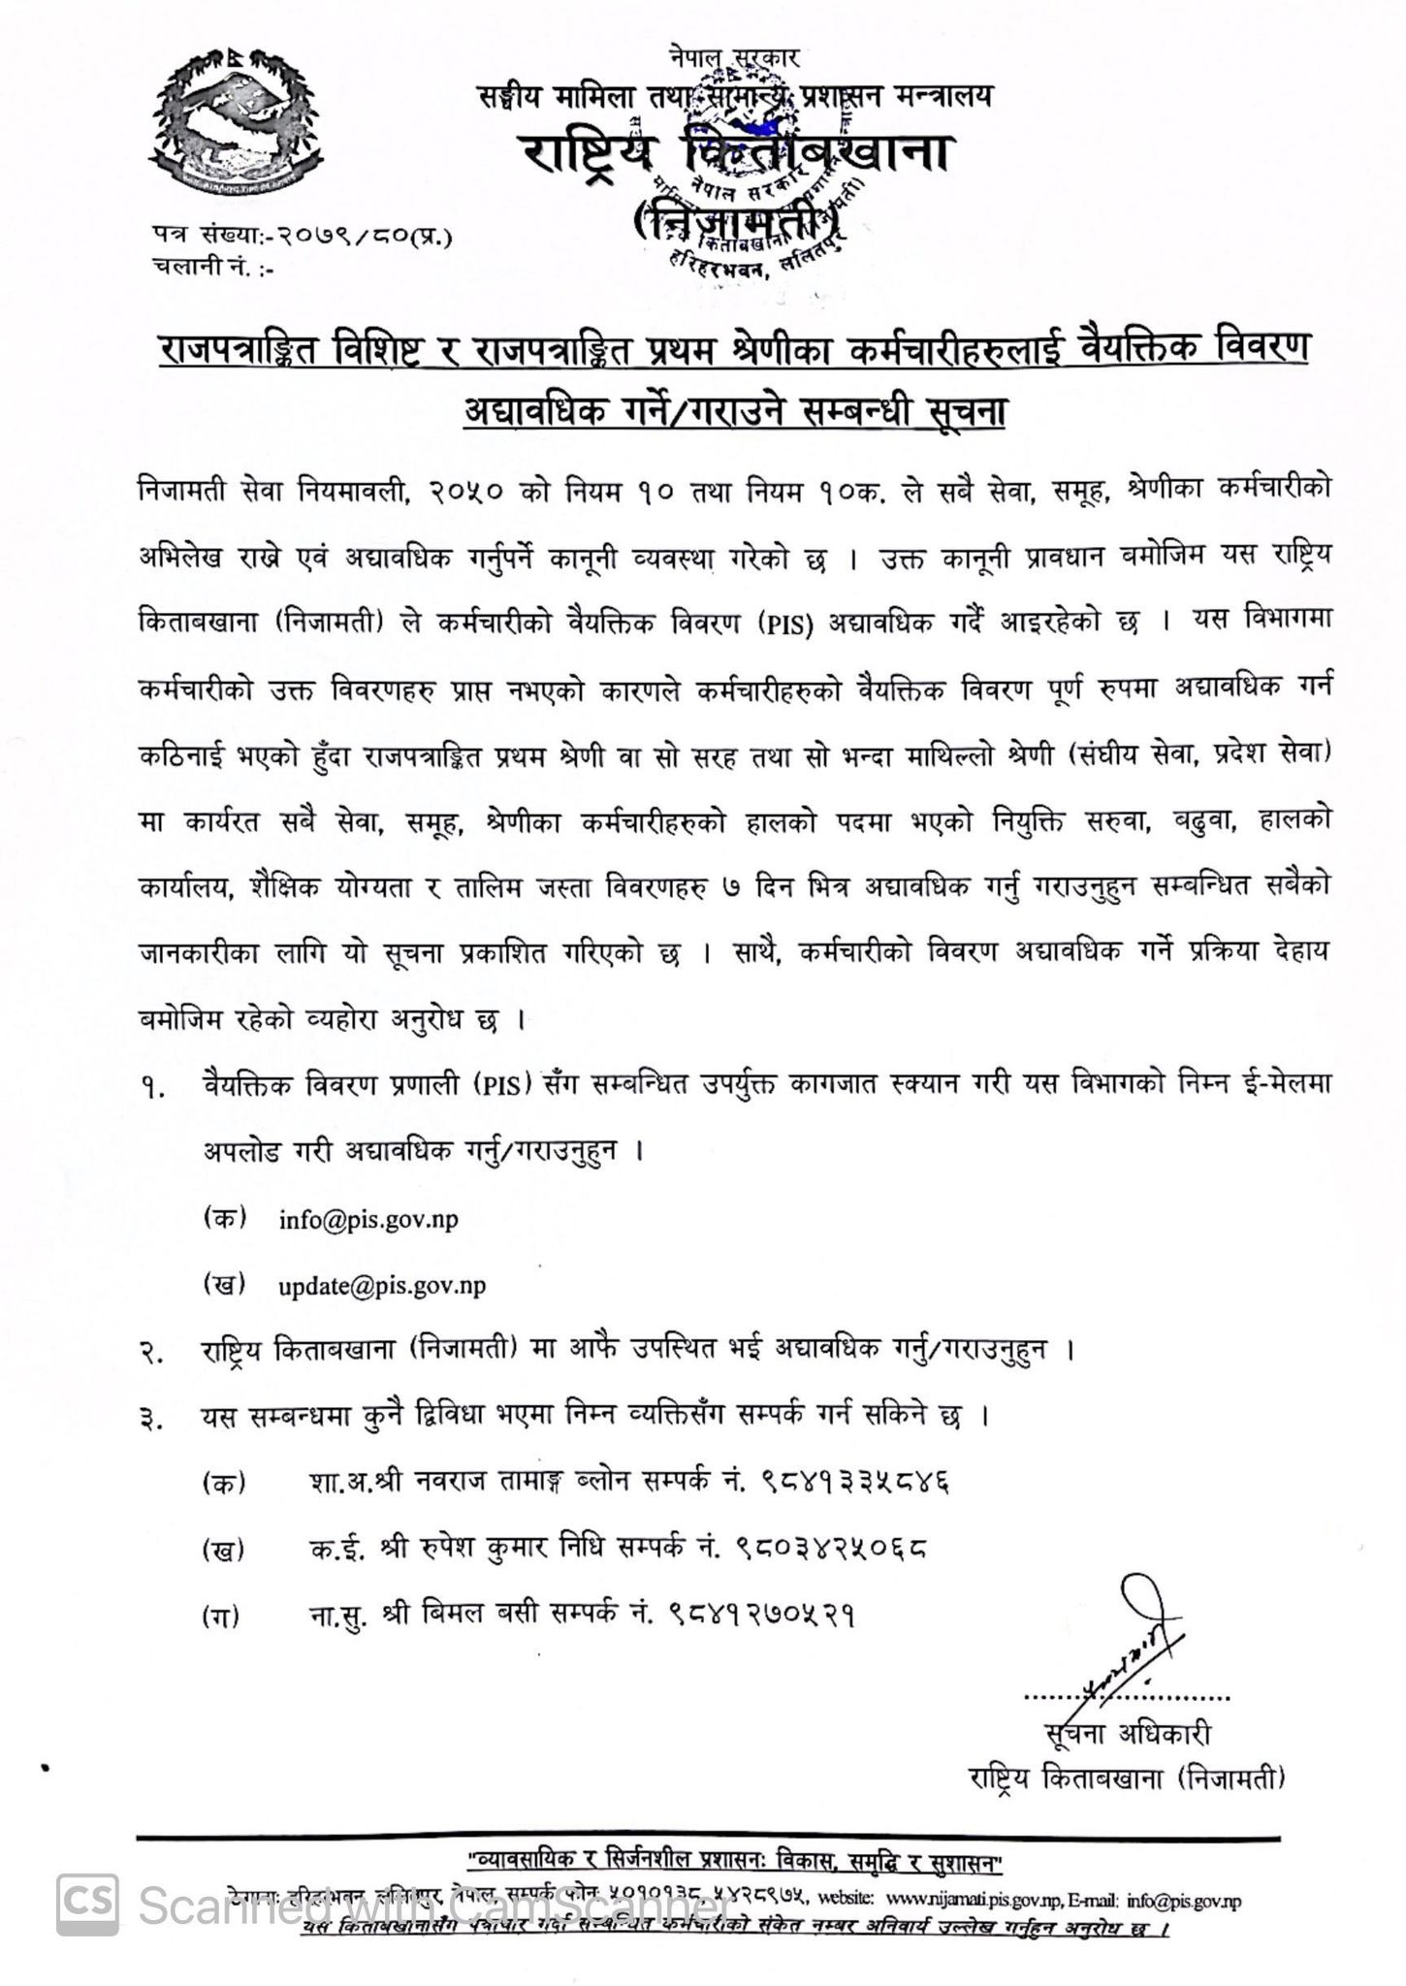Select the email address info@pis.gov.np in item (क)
368,1219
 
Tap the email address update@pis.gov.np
382,1286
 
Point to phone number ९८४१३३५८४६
856,1482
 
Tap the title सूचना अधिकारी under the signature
1128,1735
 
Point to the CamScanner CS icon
87,1904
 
